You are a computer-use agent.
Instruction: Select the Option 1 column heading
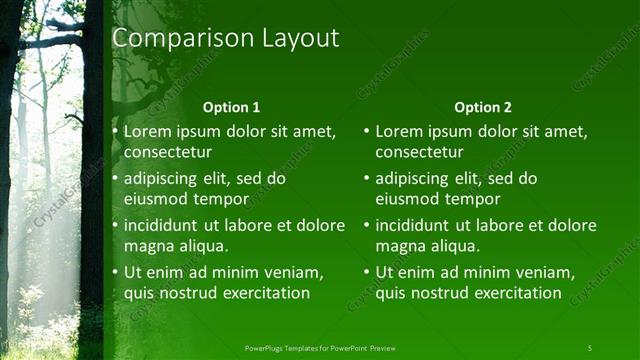[231, 107]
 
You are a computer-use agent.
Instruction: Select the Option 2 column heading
[482, 107]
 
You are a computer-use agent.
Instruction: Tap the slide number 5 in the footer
[589, 347]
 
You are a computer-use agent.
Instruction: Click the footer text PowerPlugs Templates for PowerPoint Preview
[320, 347]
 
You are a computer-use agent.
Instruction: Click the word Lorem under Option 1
[148, 131]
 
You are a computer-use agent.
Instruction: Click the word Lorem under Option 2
[399, 131]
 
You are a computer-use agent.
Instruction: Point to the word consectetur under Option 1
[168, 152]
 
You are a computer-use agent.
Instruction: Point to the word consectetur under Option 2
[419, 152]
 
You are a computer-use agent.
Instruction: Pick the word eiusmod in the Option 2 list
[407, 199]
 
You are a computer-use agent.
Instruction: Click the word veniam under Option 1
[296, 272]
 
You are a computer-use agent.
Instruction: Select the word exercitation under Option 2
[509, 293]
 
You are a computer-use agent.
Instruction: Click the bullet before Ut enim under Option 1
[115, 272]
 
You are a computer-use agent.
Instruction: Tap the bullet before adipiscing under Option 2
[366, 179]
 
